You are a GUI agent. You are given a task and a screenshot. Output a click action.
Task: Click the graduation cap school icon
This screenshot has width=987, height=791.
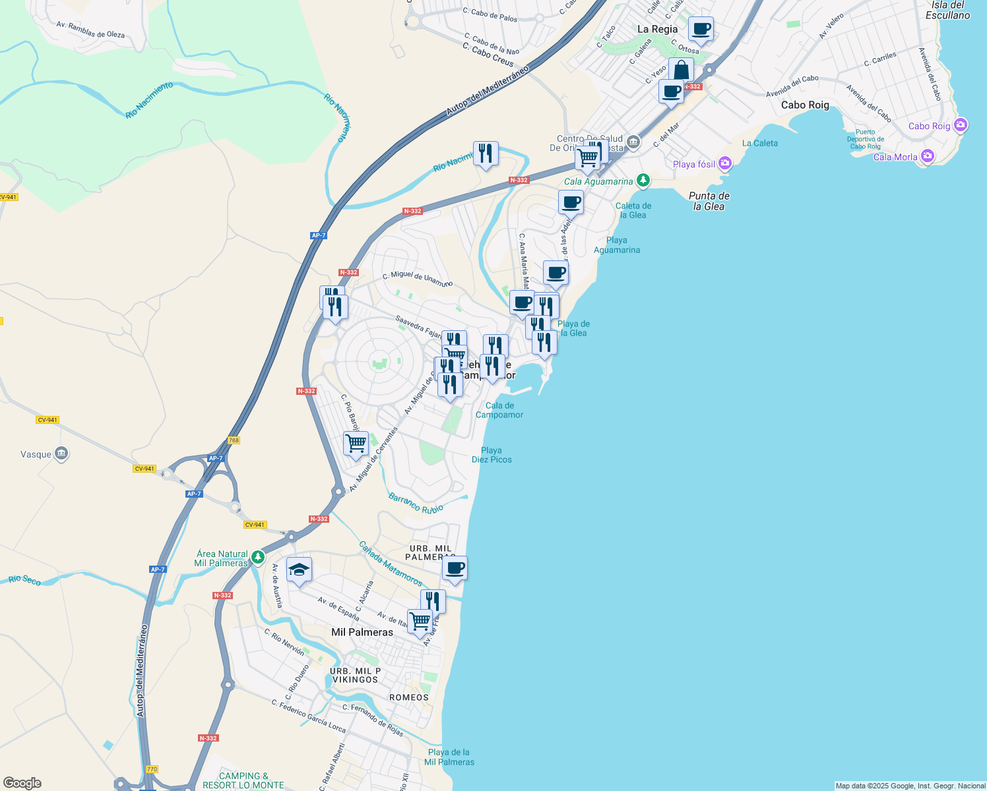pos(299,570)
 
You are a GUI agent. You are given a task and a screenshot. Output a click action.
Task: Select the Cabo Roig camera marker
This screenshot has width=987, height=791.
pos(961,125)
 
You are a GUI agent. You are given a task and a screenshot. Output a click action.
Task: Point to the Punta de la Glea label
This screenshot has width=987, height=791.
pos(709,201)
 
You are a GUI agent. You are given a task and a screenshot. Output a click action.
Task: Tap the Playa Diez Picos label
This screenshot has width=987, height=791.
pos(492,455)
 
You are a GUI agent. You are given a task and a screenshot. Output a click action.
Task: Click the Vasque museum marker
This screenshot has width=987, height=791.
pos(61,454)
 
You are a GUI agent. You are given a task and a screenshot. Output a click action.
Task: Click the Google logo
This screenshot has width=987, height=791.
pos(22,783)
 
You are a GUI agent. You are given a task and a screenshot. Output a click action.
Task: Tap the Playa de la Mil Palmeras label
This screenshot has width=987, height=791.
pos(449,757)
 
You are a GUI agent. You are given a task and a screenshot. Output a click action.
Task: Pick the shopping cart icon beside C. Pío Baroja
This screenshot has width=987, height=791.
pos(356,443)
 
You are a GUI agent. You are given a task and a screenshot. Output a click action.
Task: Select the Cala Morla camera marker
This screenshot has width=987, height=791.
pos(928,156)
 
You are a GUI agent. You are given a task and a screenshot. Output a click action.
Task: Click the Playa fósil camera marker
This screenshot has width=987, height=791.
pos(725,163)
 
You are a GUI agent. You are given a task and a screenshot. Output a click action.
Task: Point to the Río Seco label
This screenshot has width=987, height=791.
pos(24,580)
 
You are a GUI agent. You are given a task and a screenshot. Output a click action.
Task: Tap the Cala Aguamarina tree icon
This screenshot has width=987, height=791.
pos(643,180)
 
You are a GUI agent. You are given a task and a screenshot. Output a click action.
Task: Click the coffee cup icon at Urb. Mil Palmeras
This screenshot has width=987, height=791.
pos(455,568)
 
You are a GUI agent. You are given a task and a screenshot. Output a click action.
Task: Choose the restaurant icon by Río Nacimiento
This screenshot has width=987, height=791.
pos(486,154)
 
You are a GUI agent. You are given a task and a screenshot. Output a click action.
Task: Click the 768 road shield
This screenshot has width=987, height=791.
pos(234,440)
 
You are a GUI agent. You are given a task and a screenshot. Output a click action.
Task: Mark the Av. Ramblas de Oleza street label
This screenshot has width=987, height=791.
pos(90,30)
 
